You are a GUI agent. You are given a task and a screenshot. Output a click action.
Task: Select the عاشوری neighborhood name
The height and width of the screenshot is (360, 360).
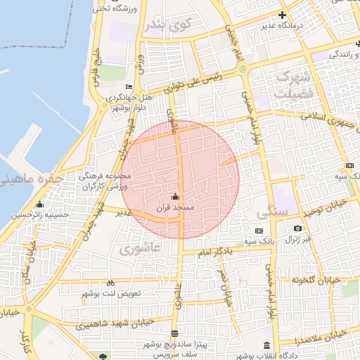coord(140,248)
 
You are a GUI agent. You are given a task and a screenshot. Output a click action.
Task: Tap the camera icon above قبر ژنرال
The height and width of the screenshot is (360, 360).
coord(298,229)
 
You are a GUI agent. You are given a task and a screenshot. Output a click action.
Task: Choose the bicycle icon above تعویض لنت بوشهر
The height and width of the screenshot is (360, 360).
coord(110,283)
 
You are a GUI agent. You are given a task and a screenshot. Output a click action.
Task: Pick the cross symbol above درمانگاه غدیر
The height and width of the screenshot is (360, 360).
coord(283,15)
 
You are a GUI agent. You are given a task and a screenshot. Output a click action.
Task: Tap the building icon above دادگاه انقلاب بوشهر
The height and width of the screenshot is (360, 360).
coord(266,345)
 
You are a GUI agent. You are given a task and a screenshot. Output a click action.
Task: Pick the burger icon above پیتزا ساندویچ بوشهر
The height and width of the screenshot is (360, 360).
coord(174,334)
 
